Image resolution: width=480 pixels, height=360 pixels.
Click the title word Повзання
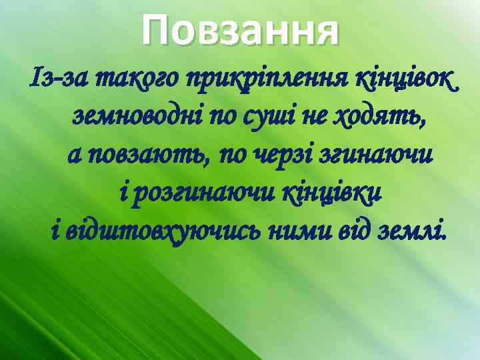pyautogui.click(x=241, y=32)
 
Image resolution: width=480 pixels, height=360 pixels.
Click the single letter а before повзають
pyautogui.click(x=74, y=156)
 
